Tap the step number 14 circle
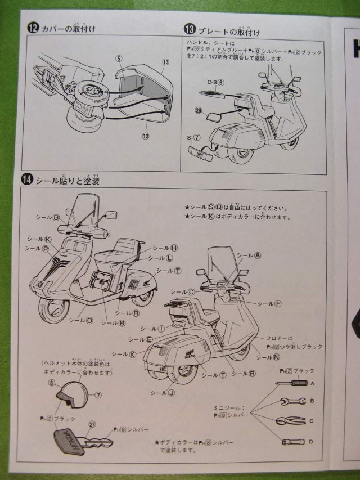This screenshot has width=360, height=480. tap(27, 180)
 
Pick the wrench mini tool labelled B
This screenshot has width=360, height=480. tap(292, 402)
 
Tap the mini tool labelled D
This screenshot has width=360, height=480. tap(293, 442)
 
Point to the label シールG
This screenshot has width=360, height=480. tap(47, 217)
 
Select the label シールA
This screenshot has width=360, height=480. tap(249, 255)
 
